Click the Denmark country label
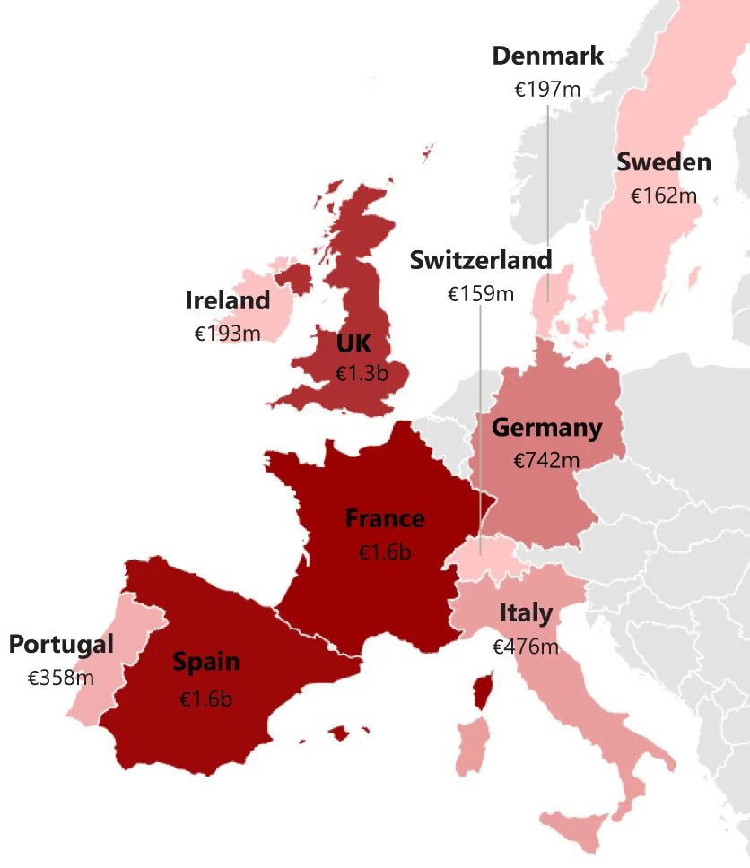[547, 56]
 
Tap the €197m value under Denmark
[547, 90]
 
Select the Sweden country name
[663, 162]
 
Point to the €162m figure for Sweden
[663, 195]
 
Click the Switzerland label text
[480, 260]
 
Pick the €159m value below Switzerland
[480, 293]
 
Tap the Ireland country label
[227, 300]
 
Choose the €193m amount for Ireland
[227, 334]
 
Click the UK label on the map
[353, 343]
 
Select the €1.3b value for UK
[362, 374]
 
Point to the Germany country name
[546, 428]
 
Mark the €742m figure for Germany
[546, 461]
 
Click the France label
[385, 518]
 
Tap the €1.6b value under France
[385, 552]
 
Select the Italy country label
[526, 613]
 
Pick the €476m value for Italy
[526, 647]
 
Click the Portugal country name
[61, 645]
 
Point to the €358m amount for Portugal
[61, 678]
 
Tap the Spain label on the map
[205, 663]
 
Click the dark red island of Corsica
[483, 690]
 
